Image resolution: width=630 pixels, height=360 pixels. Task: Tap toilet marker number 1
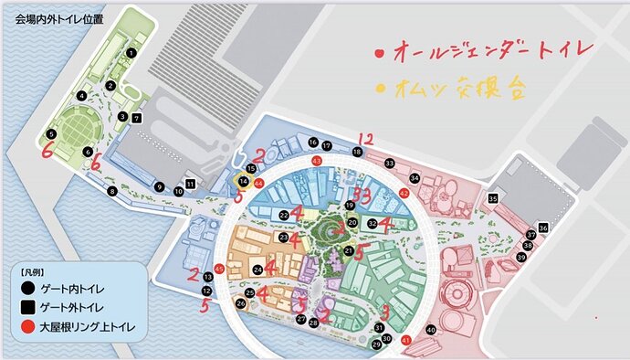[x=131, y=53]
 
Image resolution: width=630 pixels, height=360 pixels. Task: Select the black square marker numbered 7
[x=137, y=119]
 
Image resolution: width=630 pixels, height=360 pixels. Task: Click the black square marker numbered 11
[x=190, y=184]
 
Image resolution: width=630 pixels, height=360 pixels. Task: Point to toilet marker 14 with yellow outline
[x=243, y=183]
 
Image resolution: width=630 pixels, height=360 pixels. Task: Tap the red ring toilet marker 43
[x=317, y=161]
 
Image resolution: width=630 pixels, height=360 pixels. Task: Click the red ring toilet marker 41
[x=405, y=340]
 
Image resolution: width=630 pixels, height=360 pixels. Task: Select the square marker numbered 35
[x=493, y=198]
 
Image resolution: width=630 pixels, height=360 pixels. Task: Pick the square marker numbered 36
[x=543, y=228]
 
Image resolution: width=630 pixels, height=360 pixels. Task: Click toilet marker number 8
[x=111, y=191]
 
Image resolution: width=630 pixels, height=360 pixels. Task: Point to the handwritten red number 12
[x=366, y=139]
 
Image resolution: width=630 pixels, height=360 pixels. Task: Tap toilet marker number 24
[x=259, y=270]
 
